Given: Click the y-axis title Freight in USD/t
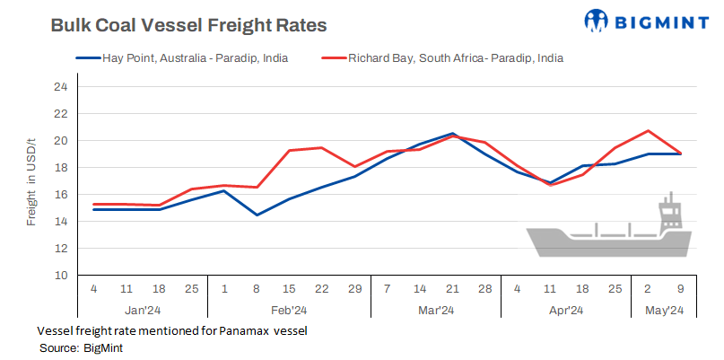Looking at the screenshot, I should [31, 180].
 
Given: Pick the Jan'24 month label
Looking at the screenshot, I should [143, 310].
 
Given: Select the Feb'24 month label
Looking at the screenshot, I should [290, 310].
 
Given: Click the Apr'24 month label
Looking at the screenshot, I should [565, 310].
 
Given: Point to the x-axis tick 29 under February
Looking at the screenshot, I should [354, 289].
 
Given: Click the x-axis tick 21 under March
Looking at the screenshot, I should [453, 289].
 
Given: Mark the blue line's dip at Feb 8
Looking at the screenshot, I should [257, 215].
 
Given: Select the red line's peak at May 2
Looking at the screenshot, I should [648, 131].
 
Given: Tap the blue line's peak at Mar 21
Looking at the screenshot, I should [453, 134].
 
